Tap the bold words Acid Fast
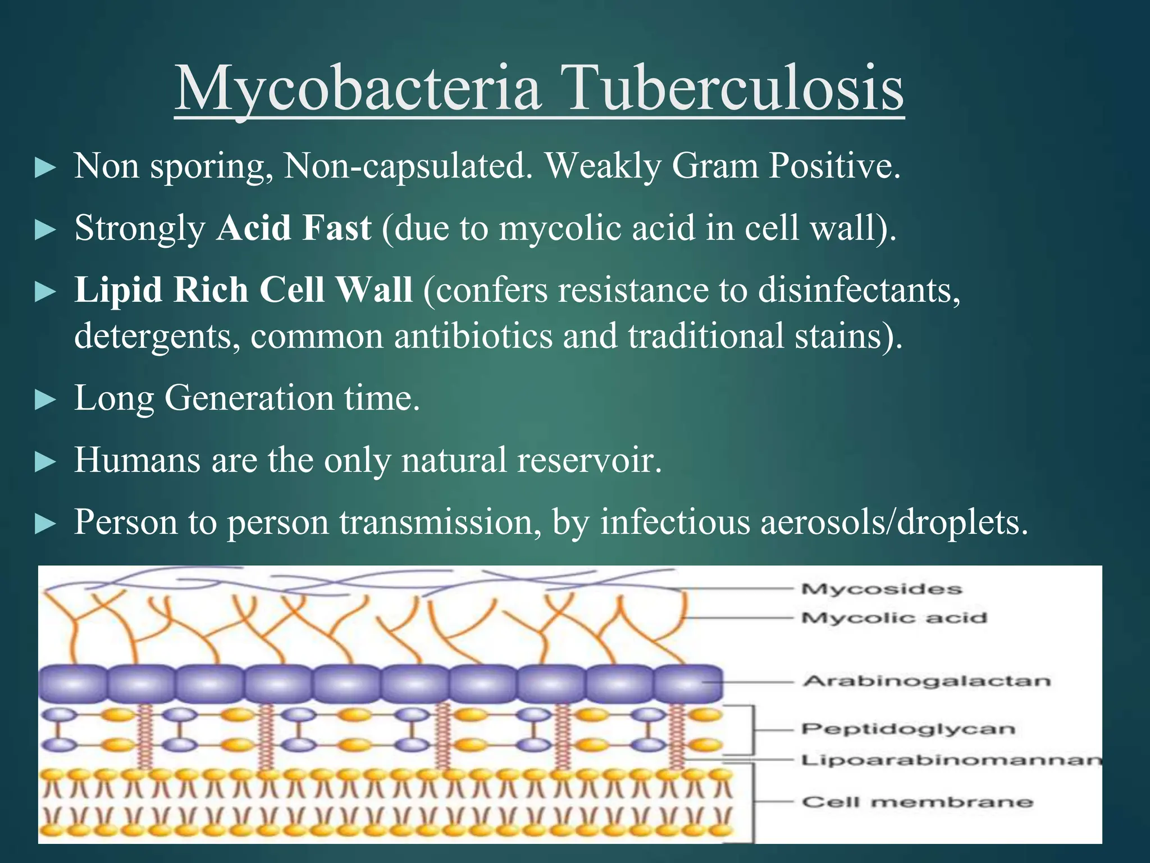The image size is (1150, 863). pos(294,228)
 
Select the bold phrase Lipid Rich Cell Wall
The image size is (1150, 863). pos(243,290)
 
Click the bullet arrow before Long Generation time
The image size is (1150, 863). pos(45,400)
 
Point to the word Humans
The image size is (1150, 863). pos(138,460)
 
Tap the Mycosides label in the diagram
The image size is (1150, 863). pos(882,589)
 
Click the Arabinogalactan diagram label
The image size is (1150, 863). pos(927,681)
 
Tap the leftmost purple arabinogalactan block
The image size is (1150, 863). pos(72,684)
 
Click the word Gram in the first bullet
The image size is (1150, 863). pos(715,166)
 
